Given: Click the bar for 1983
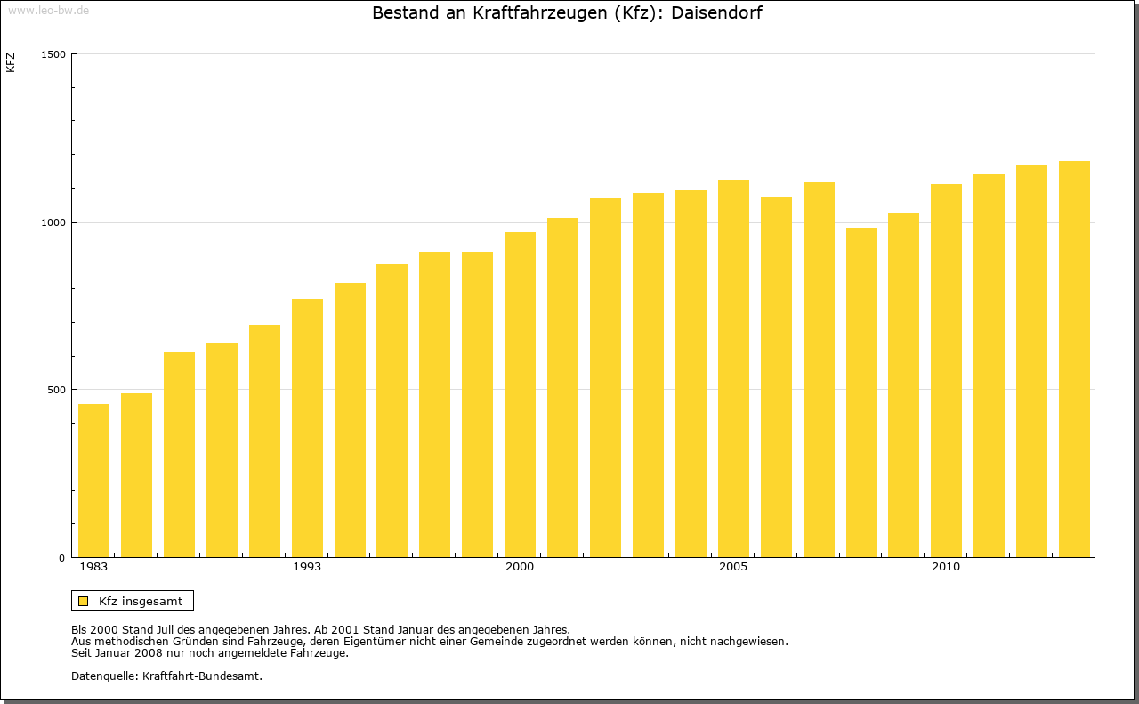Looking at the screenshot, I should [x=93, y=481].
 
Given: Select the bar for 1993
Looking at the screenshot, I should [x=307, y=428].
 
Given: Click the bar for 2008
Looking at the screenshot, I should [x=861, y=392].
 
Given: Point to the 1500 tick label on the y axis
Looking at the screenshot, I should [x=54, y=54].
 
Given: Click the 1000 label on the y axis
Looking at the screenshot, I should [x=54, y=222].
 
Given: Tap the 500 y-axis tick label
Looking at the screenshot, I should [x=57, y=390].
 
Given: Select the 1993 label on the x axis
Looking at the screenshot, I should [x=307, y=567].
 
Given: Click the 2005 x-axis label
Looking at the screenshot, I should [x=733, y=567].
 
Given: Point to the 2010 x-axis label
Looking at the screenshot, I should [x=946, y=567].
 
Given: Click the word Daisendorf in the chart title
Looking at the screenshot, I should [x=717, y=13].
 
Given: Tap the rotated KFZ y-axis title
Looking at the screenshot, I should [x=11, y=62].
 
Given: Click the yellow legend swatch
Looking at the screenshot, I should [x=83, y=601].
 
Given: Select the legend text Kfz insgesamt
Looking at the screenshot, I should [x=141, y=601].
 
